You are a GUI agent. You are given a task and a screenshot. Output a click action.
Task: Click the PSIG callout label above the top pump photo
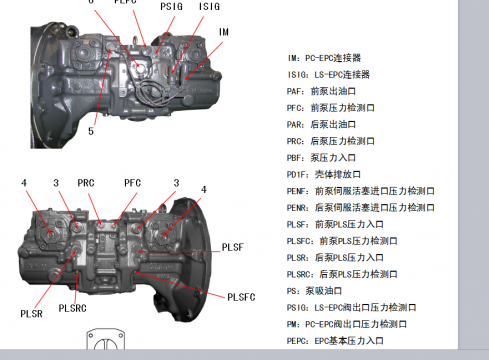[x=172, y=6]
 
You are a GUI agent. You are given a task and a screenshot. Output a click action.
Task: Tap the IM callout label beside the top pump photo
[x=224, y=32]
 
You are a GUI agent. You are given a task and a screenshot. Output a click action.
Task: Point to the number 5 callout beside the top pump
[x=91, y=130]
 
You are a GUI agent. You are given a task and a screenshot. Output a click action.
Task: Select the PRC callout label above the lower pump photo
[x=86, y=183]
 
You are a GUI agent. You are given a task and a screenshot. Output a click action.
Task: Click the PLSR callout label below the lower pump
[x=31, y=313]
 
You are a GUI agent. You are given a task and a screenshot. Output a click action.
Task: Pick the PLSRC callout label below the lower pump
[x=73, y=307]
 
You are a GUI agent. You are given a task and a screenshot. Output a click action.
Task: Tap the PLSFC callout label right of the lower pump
[x=242, y=296]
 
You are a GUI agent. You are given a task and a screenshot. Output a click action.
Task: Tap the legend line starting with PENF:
[x=360, y=190]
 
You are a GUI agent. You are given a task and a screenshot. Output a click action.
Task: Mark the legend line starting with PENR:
[x=360, y=207]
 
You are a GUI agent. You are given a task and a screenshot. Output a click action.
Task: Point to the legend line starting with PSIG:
[x=346, y=307]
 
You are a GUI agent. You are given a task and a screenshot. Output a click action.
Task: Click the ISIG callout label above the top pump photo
[x=209, y=6]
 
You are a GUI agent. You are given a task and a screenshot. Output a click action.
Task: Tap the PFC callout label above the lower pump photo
[x=133, y=183]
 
